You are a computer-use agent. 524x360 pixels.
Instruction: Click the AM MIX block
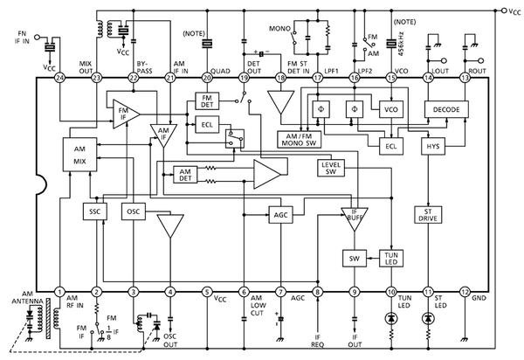[x=79, y=154]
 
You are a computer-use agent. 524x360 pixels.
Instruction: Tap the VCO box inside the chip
[x=390, y=109]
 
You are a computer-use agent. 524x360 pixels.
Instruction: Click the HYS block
[x=434, y=148]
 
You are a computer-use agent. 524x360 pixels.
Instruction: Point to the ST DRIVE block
[x=429, y=215]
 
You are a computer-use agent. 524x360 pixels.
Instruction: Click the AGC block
[x=280, y=214]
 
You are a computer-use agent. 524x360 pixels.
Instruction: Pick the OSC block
[x=134, y=211]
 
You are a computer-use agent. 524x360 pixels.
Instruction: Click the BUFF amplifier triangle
[x=355, y=215]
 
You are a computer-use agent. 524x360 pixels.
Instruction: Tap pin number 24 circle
[x=60, y=78]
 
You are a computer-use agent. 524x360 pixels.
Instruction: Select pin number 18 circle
[x=280, y=78]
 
